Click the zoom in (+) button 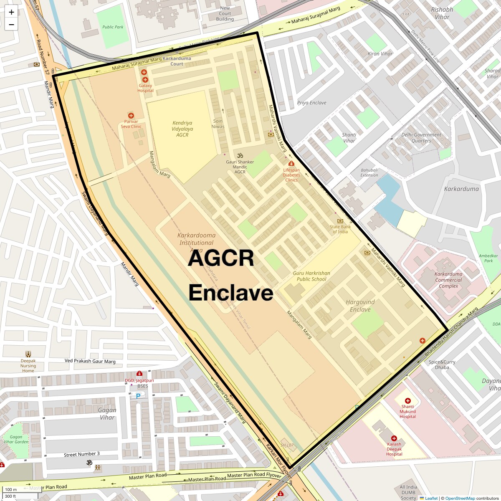[x=11, y=12]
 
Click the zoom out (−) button [x=11, y=24]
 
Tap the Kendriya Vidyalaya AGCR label [x=182, y=129]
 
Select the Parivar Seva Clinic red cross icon [x=131, y=116]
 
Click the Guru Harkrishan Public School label [x=311, y=276]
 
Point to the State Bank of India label [x=340, y=229]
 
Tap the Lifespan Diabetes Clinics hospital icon [x=291, y=163]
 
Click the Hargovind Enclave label [x=360, y=306]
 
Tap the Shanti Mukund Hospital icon [x=408, y=401]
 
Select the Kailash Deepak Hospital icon [x=394, y=438]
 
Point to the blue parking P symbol [x=138, y=396]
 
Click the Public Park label [x=113, y=27]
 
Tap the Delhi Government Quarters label [x=421, y=138]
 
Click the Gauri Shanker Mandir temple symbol [x=240, y=156]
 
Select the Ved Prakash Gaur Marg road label [x=90, y=361]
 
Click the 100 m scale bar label [x=11, y=490]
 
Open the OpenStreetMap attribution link [x=460, y=498]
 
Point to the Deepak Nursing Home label [x=28, y=366]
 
